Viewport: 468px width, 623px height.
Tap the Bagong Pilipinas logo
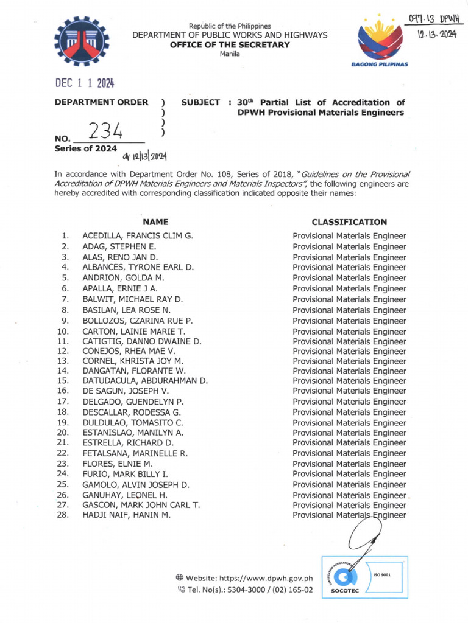(384, 43)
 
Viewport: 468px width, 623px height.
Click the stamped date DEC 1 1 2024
(85, 84)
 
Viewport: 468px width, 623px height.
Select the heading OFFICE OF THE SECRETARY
(238, 45)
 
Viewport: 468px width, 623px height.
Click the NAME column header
(155, 223)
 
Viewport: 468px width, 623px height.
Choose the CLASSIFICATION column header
(349, 223)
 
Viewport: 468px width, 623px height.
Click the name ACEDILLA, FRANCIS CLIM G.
(138, 236)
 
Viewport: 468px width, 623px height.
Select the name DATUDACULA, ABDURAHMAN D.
(145, 381)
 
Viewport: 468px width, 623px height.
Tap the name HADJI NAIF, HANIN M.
(127, 515)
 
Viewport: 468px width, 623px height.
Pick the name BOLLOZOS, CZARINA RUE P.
(138, 321)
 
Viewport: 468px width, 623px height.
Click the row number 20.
(63, 433)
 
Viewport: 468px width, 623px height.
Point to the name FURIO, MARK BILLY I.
(126, 473)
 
